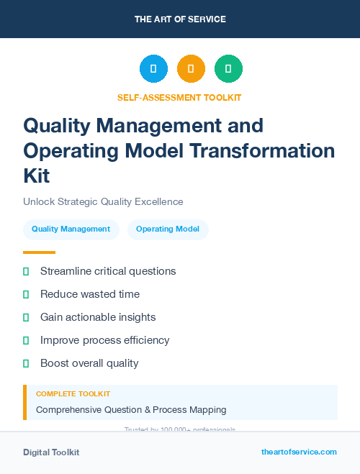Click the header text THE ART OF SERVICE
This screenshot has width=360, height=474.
click(x=180, y=19)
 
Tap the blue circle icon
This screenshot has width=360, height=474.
click(x=153, y=69)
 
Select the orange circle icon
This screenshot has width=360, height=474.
click(x=191, y=69)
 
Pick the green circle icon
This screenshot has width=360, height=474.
click(x=228, y=69)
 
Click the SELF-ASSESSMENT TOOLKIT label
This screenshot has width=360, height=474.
click(x=179, y=97)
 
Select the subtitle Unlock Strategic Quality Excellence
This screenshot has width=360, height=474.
click(x=103, y=201)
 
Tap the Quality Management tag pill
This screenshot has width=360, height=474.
click(x=71, y=229)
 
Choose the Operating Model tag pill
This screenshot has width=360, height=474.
click(x=168, y=229)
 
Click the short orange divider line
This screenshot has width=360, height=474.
click(x=39, y=252)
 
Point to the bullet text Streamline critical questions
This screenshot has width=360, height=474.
click(x=108, y=271)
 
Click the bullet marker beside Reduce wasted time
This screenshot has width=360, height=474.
click(x=26, y=294)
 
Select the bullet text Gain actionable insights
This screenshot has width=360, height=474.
click(x=98, y=317)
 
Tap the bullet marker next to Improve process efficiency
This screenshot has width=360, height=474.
click(x=26, y=340)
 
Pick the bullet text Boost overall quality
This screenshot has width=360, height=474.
click(x=89, y=363)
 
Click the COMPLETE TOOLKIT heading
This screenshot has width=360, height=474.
click(x=73, y=394)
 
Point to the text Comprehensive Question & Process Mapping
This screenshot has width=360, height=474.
click(x=131, y=410)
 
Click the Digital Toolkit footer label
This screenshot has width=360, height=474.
click(x=51, y=452)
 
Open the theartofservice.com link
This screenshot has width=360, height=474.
click(x=299, y=452)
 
